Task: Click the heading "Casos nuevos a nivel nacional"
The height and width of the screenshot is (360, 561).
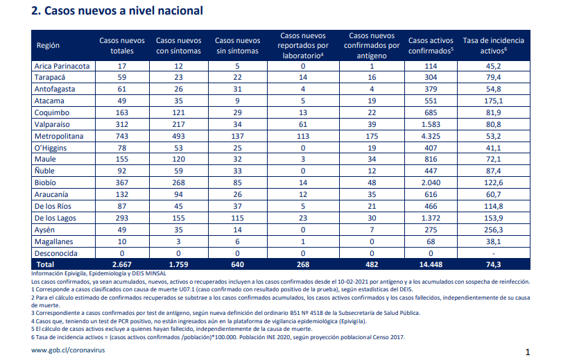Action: pos(123,10)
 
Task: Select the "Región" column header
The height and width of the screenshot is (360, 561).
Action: pos(48,46)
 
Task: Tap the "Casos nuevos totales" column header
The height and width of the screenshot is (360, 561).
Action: pos(122,46)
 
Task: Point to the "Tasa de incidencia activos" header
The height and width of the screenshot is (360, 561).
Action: pos(493,46)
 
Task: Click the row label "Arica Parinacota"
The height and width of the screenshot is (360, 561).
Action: pos(62,66)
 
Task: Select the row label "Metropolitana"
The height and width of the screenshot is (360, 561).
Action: pos(59,136)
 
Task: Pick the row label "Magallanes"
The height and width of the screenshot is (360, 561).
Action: pos(53,241)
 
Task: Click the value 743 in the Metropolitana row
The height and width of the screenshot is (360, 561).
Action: pos(122,136)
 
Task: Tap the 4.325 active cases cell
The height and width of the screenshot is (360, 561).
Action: pos(431,136)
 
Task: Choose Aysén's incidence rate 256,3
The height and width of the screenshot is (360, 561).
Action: pos(493,230)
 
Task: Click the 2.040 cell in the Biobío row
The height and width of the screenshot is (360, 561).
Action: pos(431,182)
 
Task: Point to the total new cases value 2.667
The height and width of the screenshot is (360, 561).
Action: pos(122,264)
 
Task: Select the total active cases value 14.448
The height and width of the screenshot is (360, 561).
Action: pos(431,264)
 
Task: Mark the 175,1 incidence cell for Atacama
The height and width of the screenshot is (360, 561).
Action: pos(493,101)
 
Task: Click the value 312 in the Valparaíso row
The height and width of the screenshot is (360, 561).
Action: pos(122,124)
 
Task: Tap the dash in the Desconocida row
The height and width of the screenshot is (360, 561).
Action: pos(493,254)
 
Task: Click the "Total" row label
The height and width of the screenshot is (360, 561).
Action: pos(46,264)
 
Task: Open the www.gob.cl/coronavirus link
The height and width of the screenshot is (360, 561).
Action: pos(68,350)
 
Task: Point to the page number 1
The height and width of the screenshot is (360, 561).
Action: pos(528,352)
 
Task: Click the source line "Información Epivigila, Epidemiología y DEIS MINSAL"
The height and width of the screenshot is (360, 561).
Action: pos(98,273)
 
